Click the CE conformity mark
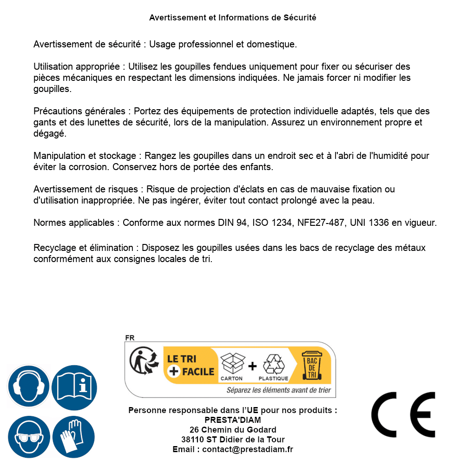click(403, 415)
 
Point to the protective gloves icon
click(74, 437)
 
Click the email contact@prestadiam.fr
click(248, 449)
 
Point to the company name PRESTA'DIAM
click(233, 420)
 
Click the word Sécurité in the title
click(300, 18)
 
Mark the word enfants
click(257, 166)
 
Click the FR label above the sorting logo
click(130, 338)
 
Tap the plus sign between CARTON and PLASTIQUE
click(252, 366)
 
